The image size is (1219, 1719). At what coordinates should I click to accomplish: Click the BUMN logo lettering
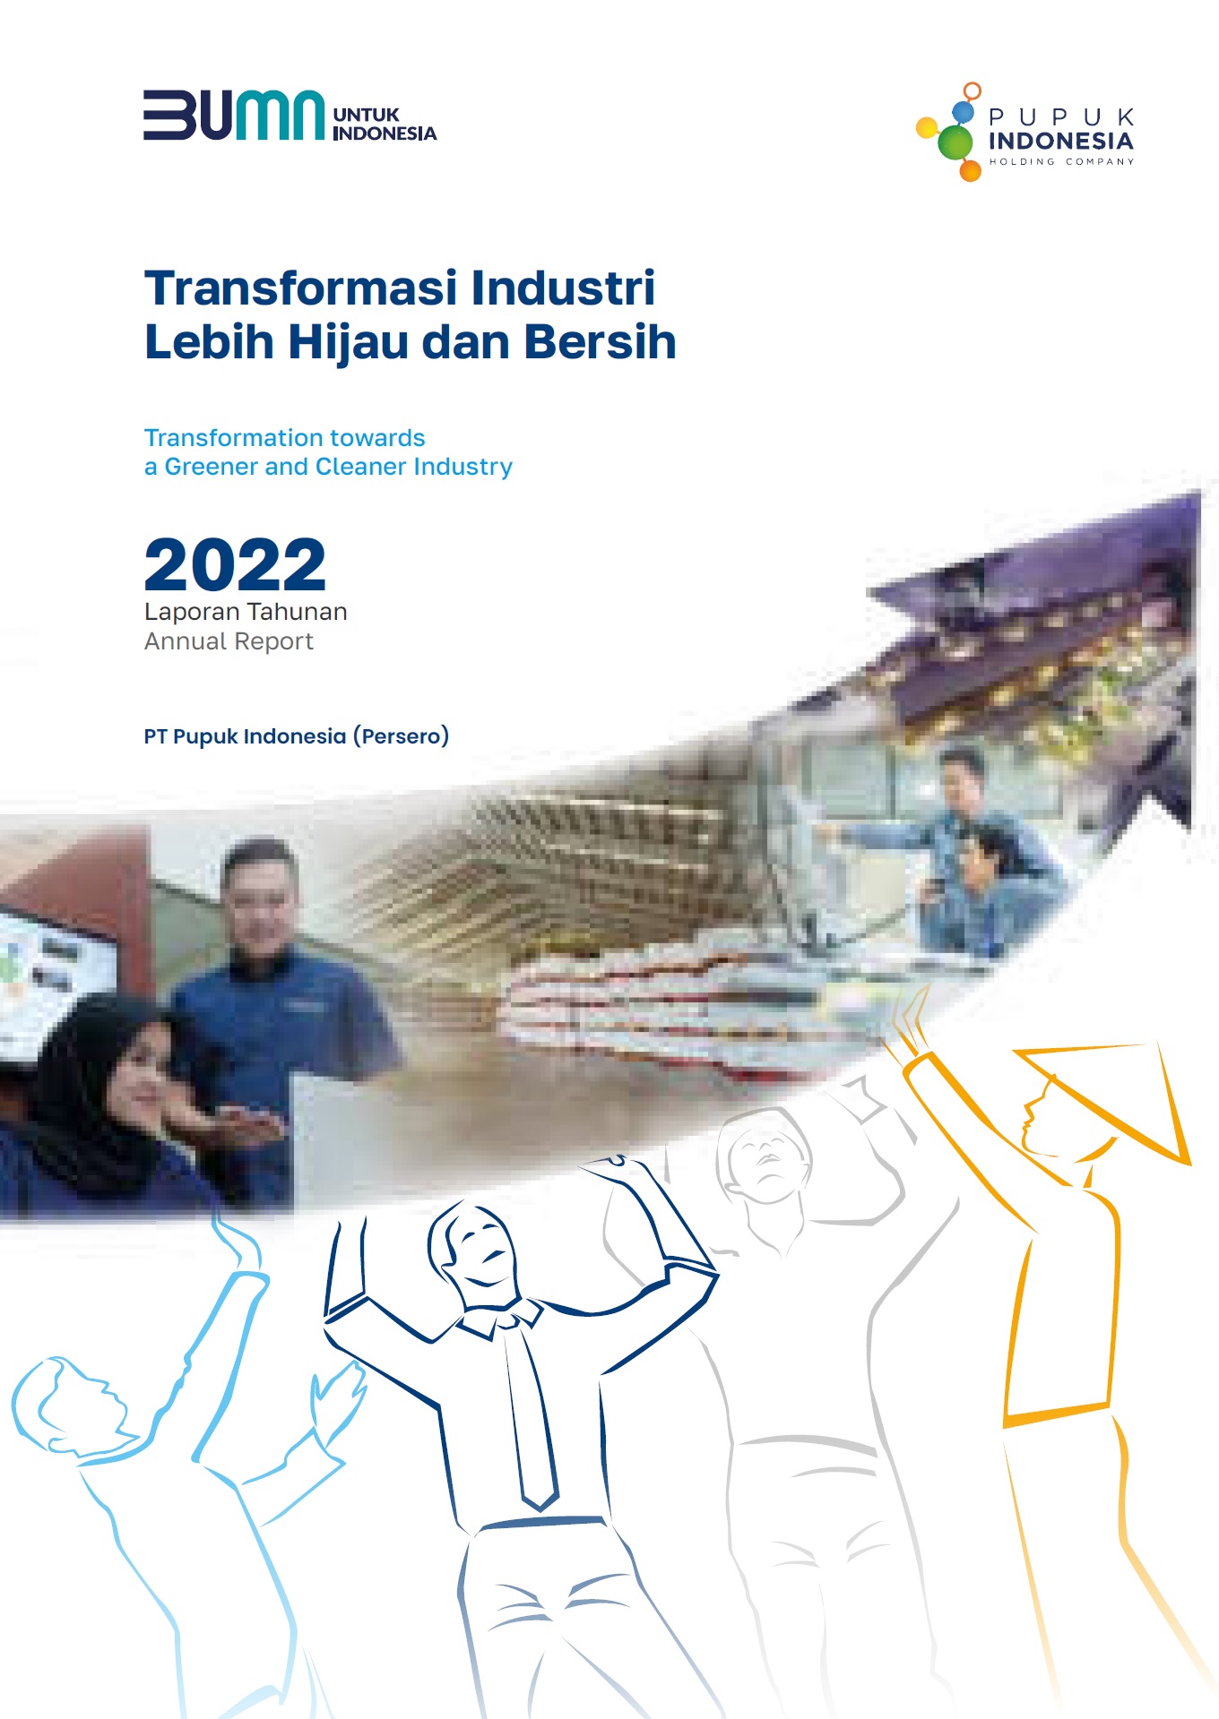[234, 115]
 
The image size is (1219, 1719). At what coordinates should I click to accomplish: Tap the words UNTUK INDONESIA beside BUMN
[385, 125]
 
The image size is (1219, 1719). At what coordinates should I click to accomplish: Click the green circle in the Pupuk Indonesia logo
[955, 142]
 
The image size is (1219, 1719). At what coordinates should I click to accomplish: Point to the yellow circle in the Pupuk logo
[927, 128]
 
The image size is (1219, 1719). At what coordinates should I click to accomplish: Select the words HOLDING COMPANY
[1061, 162]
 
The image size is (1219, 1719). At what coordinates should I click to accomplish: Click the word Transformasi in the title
[301, 288]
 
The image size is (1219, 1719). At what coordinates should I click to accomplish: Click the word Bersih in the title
[600, 342]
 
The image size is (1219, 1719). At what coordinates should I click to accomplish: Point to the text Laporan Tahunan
[246, 612]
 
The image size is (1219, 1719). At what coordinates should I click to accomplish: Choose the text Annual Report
[229, 641]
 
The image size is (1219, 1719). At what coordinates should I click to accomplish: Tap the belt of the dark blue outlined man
[542, 1522]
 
